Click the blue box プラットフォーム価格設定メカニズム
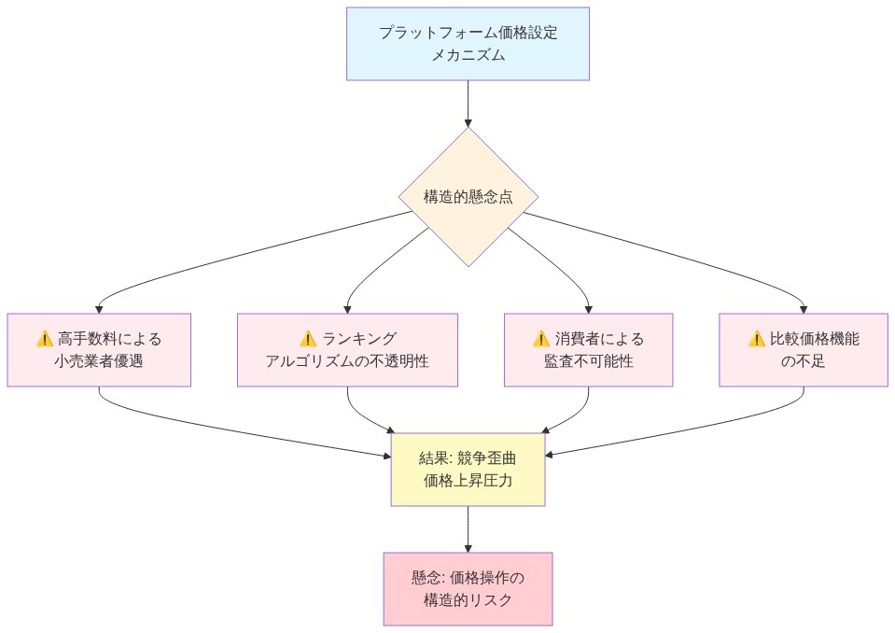pos(468,44)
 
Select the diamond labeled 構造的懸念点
pos(468,197)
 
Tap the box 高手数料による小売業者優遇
pos(99,349)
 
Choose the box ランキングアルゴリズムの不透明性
pos(347,349)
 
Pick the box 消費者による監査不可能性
pos(588,349)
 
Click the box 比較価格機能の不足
pos(804,349)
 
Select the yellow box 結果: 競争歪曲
pos(468,470)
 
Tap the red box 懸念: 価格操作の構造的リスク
pos(468,588)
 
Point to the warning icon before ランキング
pos(309,339)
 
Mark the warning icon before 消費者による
pos(540,339)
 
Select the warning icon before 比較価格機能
pos(757,339)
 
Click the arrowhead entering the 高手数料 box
pos(99,308)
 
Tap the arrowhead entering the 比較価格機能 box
pos(804,308)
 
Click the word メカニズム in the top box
pos(468,56)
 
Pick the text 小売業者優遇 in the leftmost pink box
pos(99,361)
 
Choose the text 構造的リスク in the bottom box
pos(468,600)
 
